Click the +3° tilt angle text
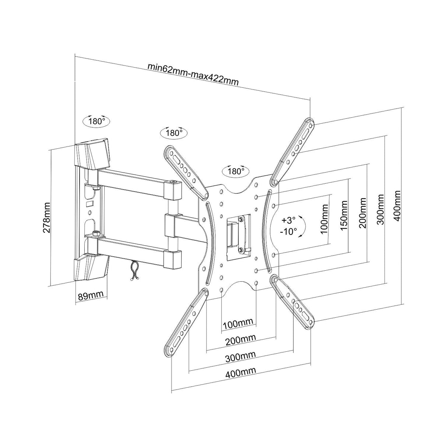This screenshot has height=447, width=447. pos(288,220)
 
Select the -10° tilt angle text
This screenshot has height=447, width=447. pos(288,232)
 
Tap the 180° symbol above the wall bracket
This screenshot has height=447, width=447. pos(96,121)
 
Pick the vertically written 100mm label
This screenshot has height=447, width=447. pos(324,226)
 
